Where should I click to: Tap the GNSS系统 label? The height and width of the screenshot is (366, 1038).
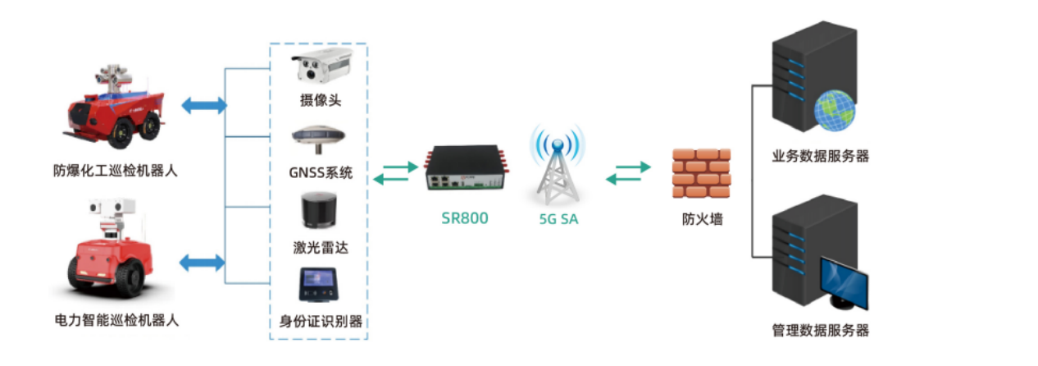click(321, 172)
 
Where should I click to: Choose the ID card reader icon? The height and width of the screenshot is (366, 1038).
click(320, 285)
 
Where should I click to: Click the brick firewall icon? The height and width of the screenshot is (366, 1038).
click(701, 173)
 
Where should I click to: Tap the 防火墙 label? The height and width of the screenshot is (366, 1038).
click(702, 219)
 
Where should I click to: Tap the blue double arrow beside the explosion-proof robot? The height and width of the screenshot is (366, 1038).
click(203, 105)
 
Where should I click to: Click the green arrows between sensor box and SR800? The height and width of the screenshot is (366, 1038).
click(395, 172)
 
